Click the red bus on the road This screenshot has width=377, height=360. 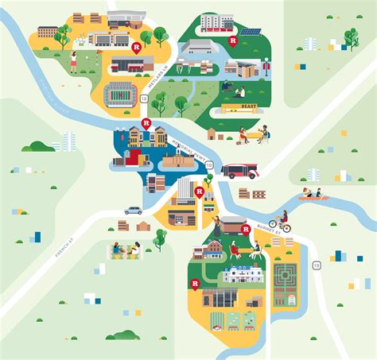tap(239, 170)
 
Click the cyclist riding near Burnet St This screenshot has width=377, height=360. tap(280, 222)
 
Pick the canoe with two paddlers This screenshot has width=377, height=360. tap(312, 193)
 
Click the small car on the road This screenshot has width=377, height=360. tap(133, 211)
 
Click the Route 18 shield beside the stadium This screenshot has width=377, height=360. tap(144, 99)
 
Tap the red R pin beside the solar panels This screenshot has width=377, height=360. tap(233, 40)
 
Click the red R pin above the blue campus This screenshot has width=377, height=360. tap(146, 123)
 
